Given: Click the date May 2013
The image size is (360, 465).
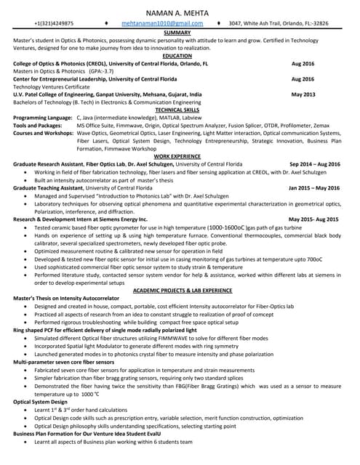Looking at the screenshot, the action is (x=303, y=94).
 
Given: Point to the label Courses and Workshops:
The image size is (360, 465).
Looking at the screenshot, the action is (x=43, y=134).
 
